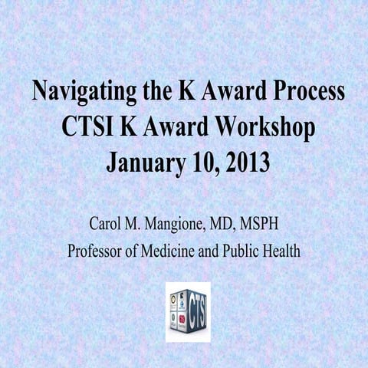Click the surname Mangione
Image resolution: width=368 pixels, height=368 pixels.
(176, 225)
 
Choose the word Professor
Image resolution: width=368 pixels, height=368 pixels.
(97, 251)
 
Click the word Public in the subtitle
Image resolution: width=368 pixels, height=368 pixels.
(245, 251)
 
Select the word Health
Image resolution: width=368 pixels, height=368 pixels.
(284, 251)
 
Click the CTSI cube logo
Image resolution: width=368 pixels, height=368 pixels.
(188, 311)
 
